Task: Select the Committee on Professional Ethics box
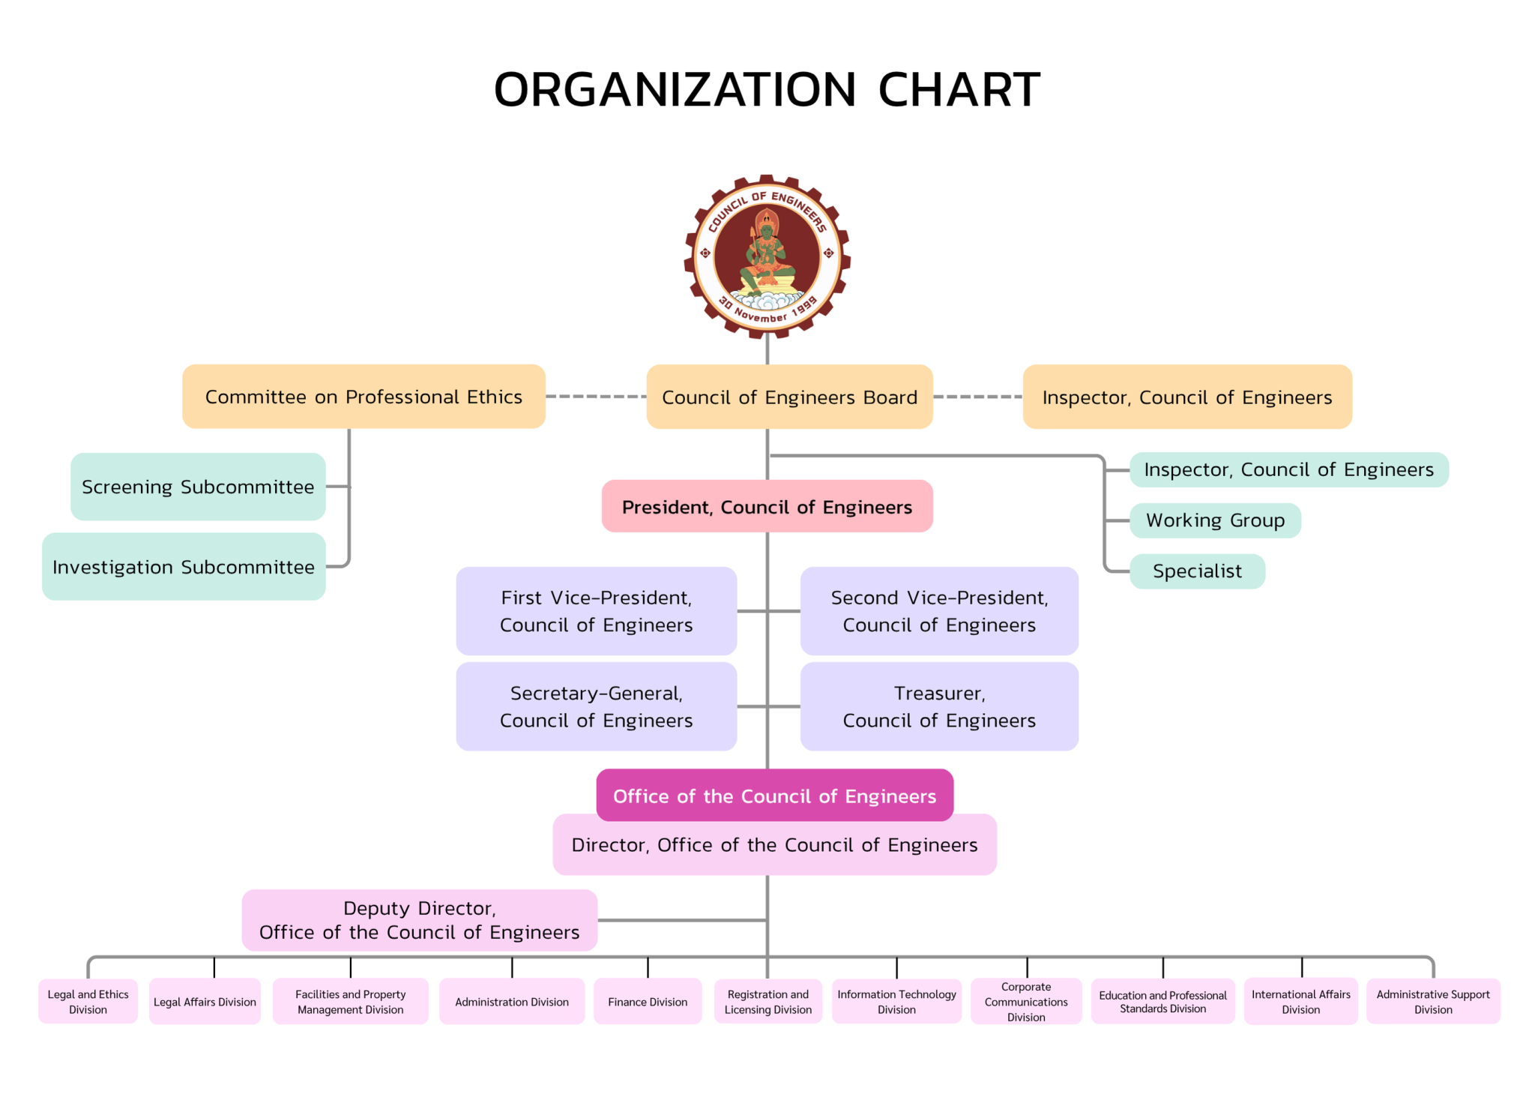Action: tap(364, 397)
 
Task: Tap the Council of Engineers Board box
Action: tap(789, 397)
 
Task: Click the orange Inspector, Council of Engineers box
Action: tap(1186, 397)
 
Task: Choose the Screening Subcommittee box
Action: tap(198, 487)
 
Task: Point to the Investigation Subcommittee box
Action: tap(184, 567)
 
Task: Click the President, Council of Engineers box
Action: tap(767, 507)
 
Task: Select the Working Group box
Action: tap(1215, 520)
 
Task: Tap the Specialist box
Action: tap(1197, 571)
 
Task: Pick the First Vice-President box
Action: tap(596, 611)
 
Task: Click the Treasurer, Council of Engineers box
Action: tap(939, 706)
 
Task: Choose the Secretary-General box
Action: tap(596, 706)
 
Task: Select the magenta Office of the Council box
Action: tap(774, 796)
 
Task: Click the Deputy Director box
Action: tap(419, 920)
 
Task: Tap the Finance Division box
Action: tap(648, 1002)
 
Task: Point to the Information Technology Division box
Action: tap(896, 1002)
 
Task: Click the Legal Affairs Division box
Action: tap(205, 1002)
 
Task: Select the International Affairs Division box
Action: tap(1300, 1002)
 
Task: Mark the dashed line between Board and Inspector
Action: tap(977, 397)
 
